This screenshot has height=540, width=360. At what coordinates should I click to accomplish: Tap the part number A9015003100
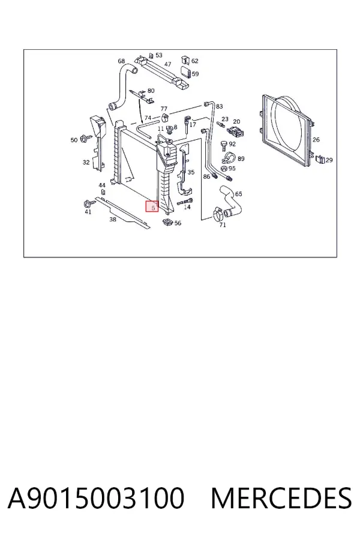[96, 498]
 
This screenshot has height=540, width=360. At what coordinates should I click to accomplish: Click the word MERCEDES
[281, 498]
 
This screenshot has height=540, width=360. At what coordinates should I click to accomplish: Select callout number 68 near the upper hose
[121, 61]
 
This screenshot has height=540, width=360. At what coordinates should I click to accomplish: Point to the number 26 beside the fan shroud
[316, 139]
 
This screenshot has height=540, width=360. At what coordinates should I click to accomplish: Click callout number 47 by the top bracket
[168, 64]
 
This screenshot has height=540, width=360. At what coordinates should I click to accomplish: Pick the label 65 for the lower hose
[238, 194]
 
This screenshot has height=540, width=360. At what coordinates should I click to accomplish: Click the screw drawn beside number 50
[85, 139]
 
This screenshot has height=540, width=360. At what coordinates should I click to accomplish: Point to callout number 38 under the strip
[113, 220]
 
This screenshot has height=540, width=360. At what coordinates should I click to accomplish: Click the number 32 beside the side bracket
[86, 162]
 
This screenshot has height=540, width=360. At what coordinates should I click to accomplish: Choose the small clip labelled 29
[320, 159]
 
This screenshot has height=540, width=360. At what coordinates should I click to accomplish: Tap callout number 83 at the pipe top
[220, 106]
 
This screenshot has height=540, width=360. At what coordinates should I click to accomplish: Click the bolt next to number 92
[224, 145]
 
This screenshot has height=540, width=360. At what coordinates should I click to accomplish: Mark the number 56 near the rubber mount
[178, 223]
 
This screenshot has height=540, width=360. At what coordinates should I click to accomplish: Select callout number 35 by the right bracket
[191, 172]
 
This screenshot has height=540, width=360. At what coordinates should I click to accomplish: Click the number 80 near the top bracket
[151, 91]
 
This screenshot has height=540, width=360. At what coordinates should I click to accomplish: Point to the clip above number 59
[185, 60]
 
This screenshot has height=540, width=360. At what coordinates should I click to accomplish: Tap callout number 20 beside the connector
[236, 122]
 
